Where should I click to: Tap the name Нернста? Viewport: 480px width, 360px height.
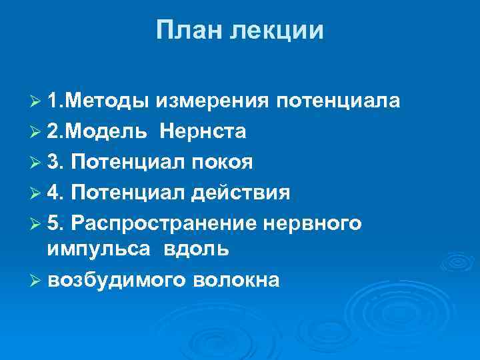[x=203, y=132]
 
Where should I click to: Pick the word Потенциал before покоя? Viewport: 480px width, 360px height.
[x=127, y=162]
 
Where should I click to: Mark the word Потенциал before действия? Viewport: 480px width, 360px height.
[x=127, y=193]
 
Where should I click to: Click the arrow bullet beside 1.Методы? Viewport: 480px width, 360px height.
[x=37, y=102]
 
